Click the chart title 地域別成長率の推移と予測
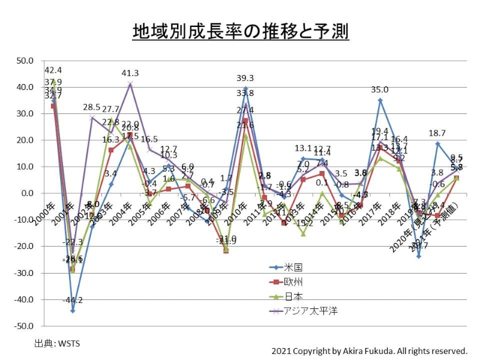click(241, 32)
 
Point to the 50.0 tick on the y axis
click(26, 61)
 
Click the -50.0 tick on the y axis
click(25, 326)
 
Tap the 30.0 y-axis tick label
click(26, 113)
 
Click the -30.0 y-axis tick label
click(25, 273)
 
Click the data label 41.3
click(130, 73)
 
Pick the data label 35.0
click(380, 90)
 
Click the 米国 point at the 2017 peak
click(380, 100)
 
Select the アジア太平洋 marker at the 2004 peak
click(130, 83)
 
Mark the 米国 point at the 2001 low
click(73, 310)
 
